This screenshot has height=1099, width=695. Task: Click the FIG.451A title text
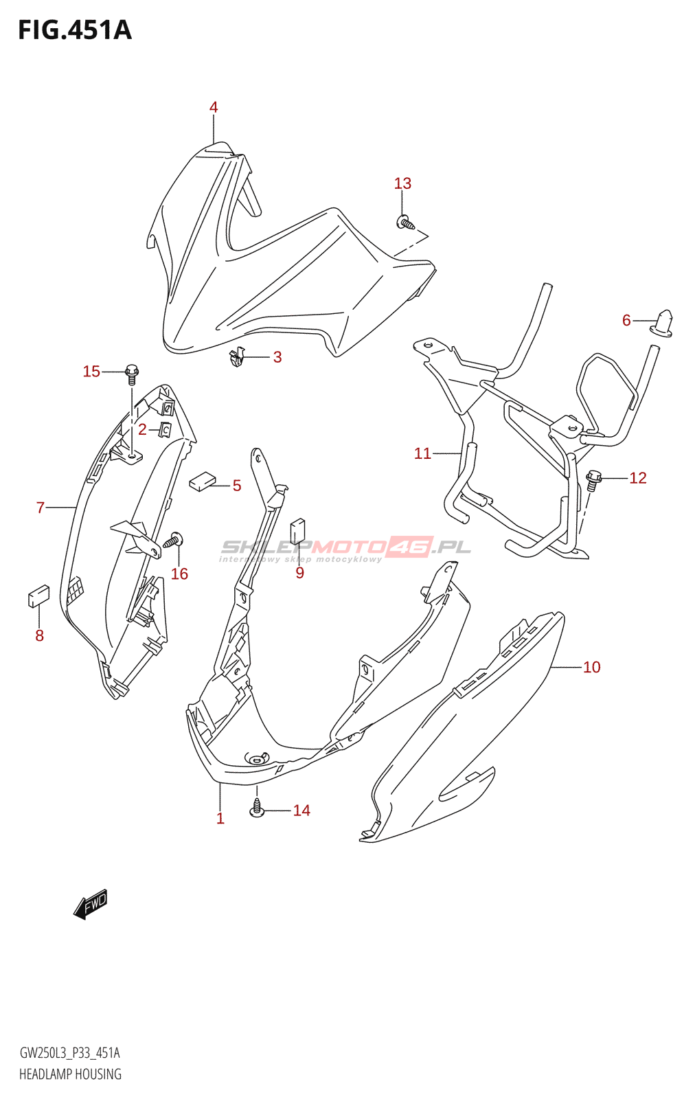tap(74, 30)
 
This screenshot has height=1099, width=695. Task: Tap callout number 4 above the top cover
tap(214, 107)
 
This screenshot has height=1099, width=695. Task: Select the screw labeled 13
tap(406, 223)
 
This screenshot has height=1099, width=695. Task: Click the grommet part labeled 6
tap(663, 323)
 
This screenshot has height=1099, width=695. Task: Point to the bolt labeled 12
tap(593, 479)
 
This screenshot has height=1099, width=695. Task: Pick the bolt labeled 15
tap(132, 374)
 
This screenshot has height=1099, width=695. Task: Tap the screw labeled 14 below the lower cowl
tap(257, 808)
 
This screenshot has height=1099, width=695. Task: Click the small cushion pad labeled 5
tap(201, 481)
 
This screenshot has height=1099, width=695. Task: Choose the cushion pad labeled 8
tap(38, 596)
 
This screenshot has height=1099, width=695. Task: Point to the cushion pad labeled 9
tap(298, 531)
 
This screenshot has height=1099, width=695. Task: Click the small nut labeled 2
tap(166, 430)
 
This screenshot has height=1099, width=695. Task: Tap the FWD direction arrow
tap(91, 904)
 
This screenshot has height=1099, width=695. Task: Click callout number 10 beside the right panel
tap(591, 667)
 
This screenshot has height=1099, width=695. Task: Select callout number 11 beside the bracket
tap(422, 453)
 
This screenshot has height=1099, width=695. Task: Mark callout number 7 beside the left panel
tap(41, 508)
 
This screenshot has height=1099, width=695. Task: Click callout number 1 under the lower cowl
tap(220, 818)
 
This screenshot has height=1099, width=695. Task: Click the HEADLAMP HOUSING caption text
tap(70, 1074)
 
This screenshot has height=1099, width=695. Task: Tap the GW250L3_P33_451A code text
tap(69, 1053)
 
